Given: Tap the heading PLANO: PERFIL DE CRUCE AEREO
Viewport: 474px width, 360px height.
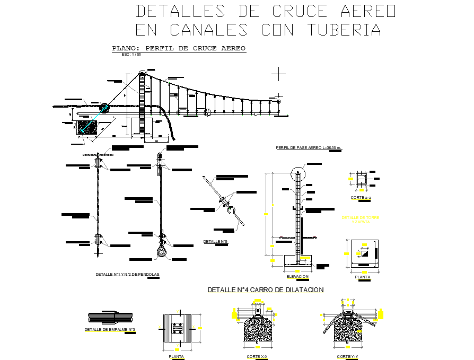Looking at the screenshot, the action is [x=179, y=48].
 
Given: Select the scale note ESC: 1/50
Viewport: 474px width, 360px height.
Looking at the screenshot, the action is [x=131, y=54].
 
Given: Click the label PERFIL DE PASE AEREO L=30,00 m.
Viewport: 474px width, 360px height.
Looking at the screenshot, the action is [x=309, y=147].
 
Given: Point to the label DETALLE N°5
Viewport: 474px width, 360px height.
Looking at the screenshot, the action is [x=215, y=241].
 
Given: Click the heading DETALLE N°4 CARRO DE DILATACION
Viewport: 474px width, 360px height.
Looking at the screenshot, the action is [x=265, y=289].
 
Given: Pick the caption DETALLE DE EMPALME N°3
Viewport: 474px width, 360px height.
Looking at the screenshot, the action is [x=110, y=330].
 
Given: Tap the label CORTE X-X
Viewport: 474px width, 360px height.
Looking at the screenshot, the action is [x=257, y=356].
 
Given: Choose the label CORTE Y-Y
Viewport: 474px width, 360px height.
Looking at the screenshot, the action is [x=348, y=356].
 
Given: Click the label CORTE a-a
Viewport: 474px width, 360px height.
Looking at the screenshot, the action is [x=361, y=197].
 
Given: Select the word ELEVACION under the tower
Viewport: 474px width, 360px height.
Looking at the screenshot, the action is [x=297, y=277].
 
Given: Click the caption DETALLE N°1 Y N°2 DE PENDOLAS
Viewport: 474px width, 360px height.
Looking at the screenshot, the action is [x=127, y=274].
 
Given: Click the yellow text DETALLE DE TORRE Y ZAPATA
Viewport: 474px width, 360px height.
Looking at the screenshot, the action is [x=361, y=219].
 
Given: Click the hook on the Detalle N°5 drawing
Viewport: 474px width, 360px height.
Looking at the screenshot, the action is [x=233, y=213].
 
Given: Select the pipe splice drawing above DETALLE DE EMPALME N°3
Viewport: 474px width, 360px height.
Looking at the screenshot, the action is [x=110, y=317].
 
